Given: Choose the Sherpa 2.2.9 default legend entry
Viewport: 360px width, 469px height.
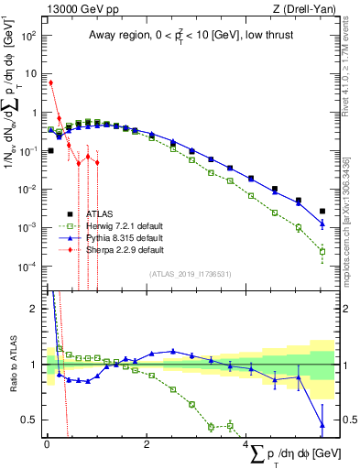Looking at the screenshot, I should [120, 249].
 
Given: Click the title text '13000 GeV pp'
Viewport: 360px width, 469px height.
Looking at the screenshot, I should [73, 9].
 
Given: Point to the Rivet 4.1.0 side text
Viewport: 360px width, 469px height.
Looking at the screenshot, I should [348, 69].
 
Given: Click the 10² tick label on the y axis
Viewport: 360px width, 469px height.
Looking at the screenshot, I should [28, 37].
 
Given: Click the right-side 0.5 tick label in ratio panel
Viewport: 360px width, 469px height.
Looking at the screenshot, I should [346, 420].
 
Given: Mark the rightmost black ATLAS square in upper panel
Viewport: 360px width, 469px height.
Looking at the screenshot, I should [322, 211].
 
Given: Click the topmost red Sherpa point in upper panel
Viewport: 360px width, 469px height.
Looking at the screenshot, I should [51, 82].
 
